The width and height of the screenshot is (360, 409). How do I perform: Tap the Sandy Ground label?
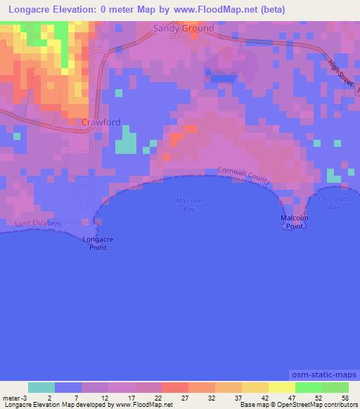coord(184,29)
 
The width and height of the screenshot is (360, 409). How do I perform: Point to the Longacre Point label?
coord(98,243)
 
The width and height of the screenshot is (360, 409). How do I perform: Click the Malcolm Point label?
coord(295,222)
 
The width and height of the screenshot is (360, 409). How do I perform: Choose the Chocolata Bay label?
coord(328,204)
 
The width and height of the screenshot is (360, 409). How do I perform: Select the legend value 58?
coord(344,398)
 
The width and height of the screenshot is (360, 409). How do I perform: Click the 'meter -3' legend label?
coord(15,398)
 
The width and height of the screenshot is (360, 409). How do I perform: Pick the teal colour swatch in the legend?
coord(41,387)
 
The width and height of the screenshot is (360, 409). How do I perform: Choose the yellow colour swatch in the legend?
coord(281,387)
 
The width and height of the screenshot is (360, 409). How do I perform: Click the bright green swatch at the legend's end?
coord(335,387)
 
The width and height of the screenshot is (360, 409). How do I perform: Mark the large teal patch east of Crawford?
coord(126,140)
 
